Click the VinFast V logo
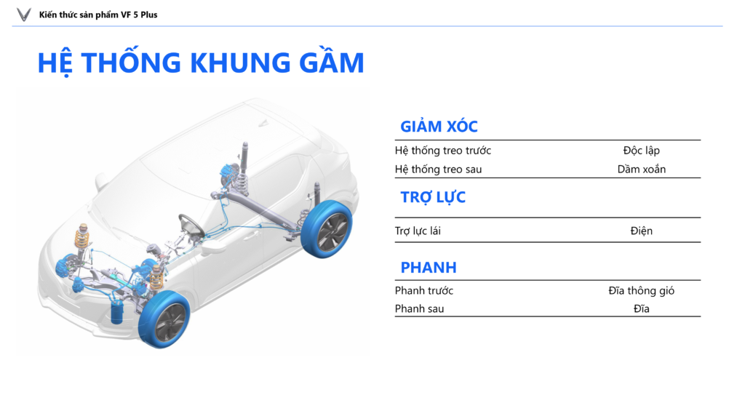point(24,15)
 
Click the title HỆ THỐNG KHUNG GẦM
point(201,63)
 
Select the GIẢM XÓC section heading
point(439,127)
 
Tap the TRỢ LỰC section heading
point(433,197)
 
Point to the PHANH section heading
point(428,268)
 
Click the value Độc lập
point(642,151)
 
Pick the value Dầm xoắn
point(642,169)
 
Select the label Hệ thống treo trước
point(443,151)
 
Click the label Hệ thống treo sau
point(438,169)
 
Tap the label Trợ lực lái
point(418,231)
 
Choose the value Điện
point(642,231)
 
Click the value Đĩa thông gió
point(642,290)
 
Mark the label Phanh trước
point(424,290)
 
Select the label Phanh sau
point(419,308)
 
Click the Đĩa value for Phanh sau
point(642,308)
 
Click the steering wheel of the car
point(191,226)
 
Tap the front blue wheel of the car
point(164,319)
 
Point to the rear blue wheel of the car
point(327,229)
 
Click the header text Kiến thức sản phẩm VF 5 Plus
point(98,15)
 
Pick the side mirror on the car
point(100,181)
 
